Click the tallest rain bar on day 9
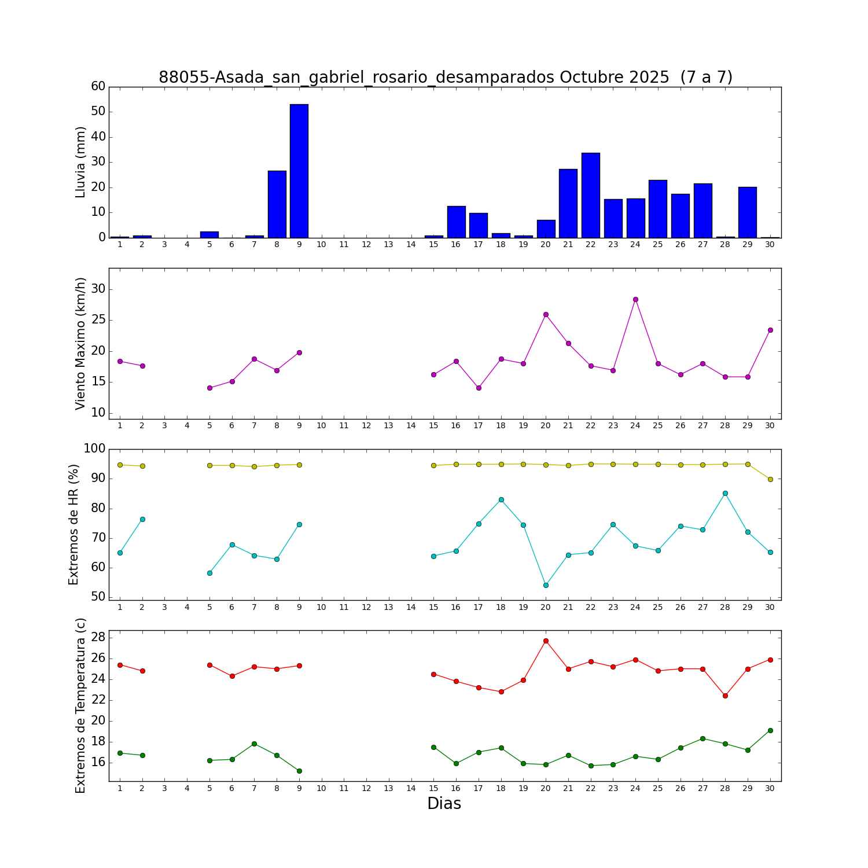pyautogui.click(x=299, y=171)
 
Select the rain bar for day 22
pyautogui.click(x=591, y=195)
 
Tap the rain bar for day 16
pyautogui.click(x=456, y=222)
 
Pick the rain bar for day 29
pyautogui.click(x=748, y=212)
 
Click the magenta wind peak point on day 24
pyautogui.click(x=635, y=299)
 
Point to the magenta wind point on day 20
pyautogui.click(x=546, y=314)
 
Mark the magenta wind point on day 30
pyautogui.click(x=770, y=330)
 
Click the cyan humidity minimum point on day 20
pyautogui.click(x=546, y=585)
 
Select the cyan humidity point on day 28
pyautogui.click(x=725, y=493)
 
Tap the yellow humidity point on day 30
pyautogui.click(x=770, y=479)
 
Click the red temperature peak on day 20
pyautogui.click(x=546, y=641)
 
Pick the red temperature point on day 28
pyautogui.click(x=725, y=696)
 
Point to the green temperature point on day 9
pyautogui.click(x=299, y=771)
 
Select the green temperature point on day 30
pyautogui.click(x=770, y=730)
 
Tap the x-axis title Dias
pyautogui.click(x=444, y=804)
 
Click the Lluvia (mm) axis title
pyautogui.click(x=81, y=162)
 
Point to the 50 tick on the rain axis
pyautogui.click(x=98, y=112)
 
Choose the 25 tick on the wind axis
pyautogui.click(x=98, y=320)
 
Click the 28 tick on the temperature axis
pyautogui.click(x=98, y=637)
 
